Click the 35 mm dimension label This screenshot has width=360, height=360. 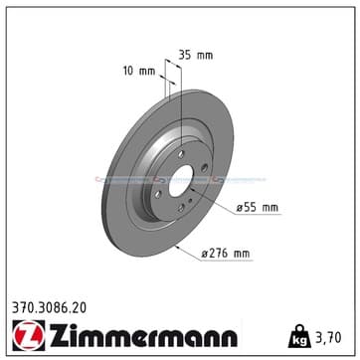click(x=196, y=55)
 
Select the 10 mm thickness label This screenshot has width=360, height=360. click(x=139, y=71)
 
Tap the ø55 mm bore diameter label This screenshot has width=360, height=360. click(x=258, y=208)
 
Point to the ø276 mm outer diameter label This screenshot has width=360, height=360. click(x=226, y=254)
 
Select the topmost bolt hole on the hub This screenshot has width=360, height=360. click(x=181, y=154)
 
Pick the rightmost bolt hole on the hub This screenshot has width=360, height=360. click(x=204, y=168)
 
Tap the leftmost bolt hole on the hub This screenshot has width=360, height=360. click(x=158, y=194)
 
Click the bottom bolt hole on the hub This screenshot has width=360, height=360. click(x=181, y=208)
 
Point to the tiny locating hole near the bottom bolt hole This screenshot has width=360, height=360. click(x=190, y=200)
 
